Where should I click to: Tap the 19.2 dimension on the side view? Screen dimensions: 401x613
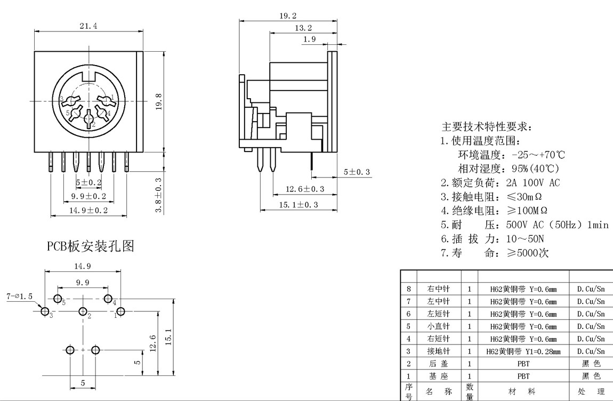pos(288,16)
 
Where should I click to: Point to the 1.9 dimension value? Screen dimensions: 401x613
pos(309,39)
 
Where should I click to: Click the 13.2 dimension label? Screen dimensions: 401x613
pos(303,28)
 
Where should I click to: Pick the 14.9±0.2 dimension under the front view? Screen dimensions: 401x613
pos(88,210)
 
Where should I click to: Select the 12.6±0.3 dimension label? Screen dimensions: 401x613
pos(305,189)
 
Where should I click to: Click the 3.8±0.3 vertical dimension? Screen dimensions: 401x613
pos(158,195)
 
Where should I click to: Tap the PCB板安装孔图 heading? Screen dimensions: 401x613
pos(91,246)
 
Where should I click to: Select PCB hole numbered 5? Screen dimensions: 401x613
pos(58,299)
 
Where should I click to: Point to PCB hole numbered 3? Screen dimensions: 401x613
pos(45,311)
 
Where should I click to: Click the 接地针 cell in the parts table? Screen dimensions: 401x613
pos(439,351)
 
